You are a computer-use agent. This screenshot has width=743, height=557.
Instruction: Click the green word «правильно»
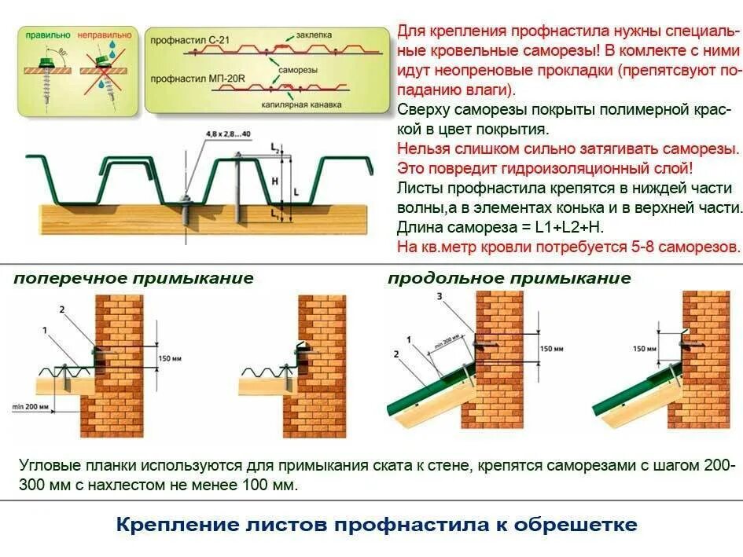point(46,35)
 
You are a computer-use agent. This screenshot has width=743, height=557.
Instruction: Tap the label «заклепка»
point(314,35)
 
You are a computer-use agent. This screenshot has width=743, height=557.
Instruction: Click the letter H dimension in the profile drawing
point(274,181)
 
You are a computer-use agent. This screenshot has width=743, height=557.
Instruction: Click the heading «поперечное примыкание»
point(134,278)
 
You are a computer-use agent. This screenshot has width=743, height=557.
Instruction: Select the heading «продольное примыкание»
point(509,278)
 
